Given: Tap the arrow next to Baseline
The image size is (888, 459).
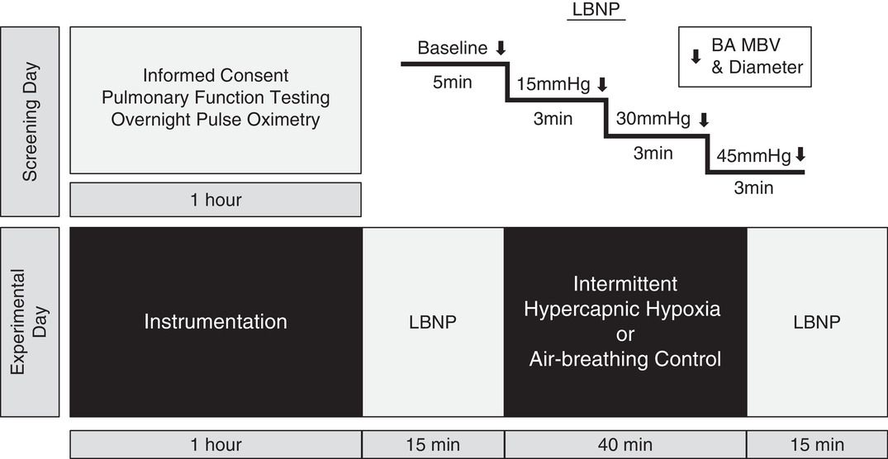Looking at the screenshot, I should coord(501,48).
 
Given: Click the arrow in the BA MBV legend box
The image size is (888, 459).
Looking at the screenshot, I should coord(696,56).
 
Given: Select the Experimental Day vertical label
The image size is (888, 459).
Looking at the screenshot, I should coord(29,321).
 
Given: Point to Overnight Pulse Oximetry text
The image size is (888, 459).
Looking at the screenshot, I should coord(216,120).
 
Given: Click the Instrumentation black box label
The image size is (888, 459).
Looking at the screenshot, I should coord(216,321).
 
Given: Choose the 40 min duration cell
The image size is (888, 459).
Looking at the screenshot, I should coord(625,445).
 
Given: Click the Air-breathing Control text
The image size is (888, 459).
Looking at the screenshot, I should coord(625,359).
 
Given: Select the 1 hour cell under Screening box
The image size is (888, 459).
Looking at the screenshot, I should coord(216,199).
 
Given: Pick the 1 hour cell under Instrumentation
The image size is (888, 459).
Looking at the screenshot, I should coord(216,445).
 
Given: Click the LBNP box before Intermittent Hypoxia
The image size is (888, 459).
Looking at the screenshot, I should coord(433,321).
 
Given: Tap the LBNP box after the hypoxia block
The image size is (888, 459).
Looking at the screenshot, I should coord(816,321).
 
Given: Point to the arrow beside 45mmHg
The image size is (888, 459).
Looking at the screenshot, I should coord(800,155).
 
